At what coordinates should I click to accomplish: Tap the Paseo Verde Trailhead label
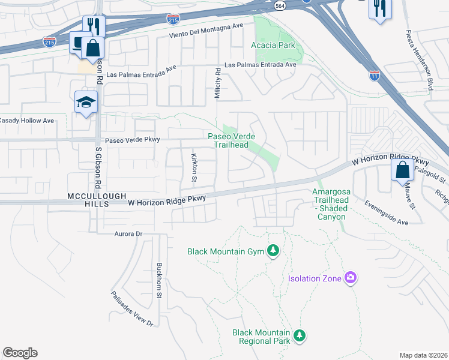click(x=228, y=140)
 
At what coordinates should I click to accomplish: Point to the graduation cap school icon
click(x=86, y=101)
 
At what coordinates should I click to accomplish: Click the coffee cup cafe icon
click(x=79, y=42)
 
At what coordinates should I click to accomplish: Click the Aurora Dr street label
click(x=126, y=233)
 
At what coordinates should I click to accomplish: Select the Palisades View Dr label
click(x=132, y=308)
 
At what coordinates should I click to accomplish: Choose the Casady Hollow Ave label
click(x=26, y=121)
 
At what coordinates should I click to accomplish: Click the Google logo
click(x=20, y=353)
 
